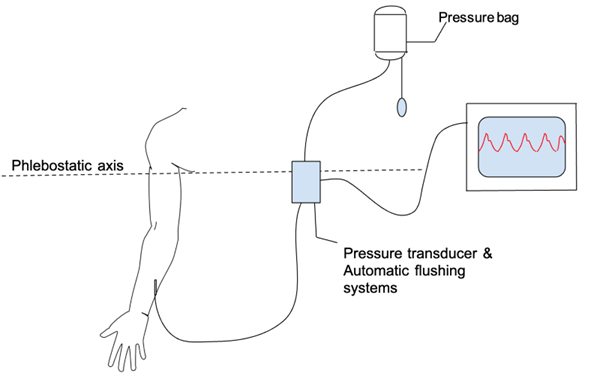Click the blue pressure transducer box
tap(303, 183)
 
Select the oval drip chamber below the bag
tap(403, 105)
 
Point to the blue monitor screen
tap(521, 151)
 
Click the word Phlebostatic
tap(49, 164)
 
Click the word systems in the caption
tap(372, 290)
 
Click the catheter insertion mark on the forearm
tap(155, 290)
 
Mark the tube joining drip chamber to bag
tap(402, 75)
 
